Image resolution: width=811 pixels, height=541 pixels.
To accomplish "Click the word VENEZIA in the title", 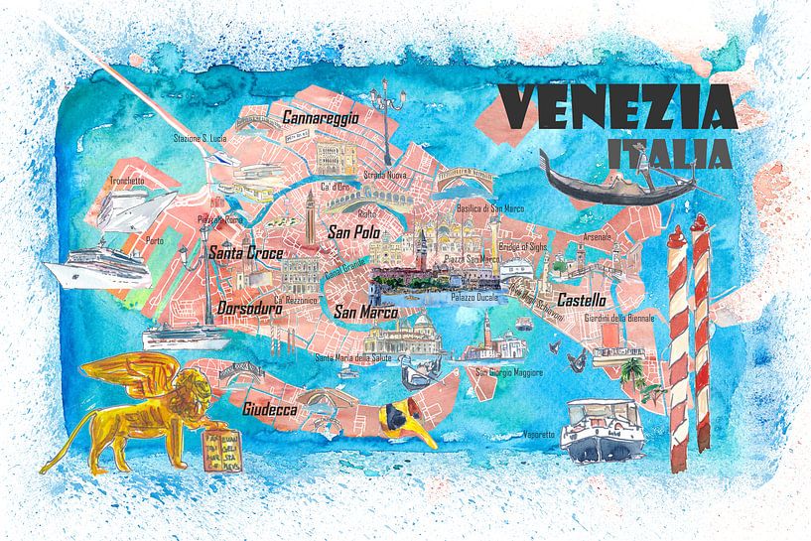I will coord(614,106).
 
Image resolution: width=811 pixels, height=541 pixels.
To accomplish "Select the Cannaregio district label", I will coord(321,117).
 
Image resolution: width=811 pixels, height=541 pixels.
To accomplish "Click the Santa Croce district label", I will coord(245,253).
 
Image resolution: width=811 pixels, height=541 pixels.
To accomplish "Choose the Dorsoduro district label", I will coord(249,308).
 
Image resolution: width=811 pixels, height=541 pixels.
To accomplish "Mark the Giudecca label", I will coord(269,408).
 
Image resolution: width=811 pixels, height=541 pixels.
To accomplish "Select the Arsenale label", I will coord(598,237).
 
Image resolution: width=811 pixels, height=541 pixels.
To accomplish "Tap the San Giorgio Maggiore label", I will coord(508,372).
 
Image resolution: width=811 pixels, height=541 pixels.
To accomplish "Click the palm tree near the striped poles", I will coord(632,372).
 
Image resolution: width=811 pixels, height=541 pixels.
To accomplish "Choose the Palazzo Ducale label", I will coord(474,296).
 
